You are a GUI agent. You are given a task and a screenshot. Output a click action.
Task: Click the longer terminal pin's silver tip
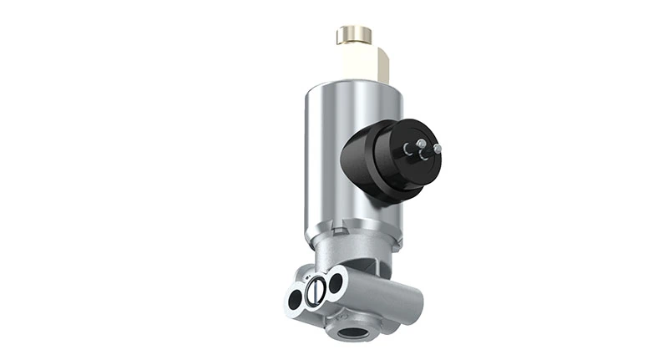(x=438, y=148)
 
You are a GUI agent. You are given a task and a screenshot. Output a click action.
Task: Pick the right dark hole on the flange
(x=335, y=281)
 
